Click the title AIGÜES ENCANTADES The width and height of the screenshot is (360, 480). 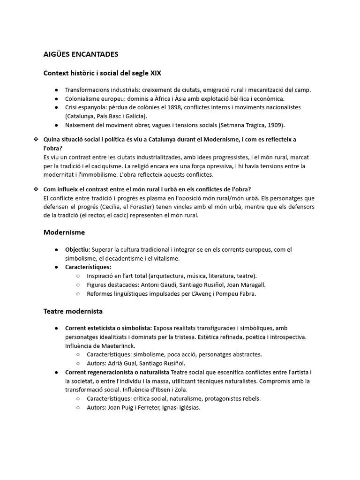click(x=81, y=54)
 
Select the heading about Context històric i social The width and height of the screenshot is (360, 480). click(x=102, y=73)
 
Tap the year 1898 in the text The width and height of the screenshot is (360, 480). click(x=164, y=107)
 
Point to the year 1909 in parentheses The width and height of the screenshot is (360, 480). click(x=274, y=125)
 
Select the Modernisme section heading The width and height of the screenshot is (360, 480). click(x=64, y=232)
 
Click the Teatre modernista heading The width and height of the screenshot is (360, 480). click(x=73, y=311)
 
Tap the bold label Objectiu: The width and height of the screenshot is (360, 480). click(x=78, y=249)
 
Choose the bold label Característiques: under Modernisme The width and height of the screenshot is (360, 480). click(x=88, y=267)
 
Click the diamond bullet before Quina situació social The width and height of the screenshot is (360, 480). click(x=36, y=139)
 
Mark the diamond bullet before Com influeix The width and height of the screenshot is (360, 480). click(x=36, y=189)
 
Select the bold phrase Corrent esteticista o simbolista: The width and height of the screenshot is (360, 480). click(x=108, y=328)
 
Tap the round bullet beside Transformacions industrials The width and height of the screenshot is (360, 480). click(x=56, y=90)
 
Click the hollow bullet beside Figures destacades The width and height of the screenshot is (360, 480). click(x=78, y=285)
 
